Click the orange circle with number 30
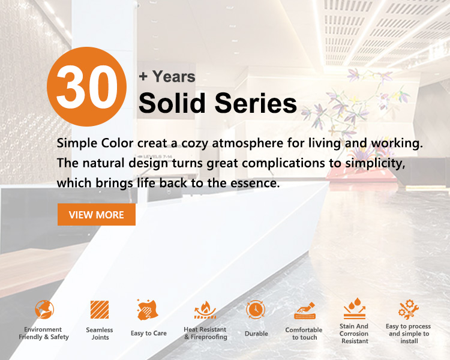click(86, 86)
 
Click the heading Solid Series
click(218, 103)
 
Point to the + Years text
click(167, 77)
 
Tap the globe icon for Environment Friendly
click(44, 310)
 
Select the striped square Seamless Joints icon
click(100, 310)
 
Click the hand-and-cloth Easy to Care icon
click(148, 310)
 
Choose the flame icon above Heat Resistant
click(205, 310)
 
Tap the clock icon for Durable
click(256, 310)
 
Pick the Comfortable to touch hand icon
click(305, 311)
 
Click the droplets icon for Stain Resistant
click(355, 308)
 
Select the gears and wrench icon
click(409, 310)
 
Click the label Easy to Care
click(149, 334)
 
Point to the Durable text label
click(256, 334)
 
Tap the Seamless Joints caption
click(100, 334)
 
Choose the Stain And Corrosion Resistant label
click(354, 334)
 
